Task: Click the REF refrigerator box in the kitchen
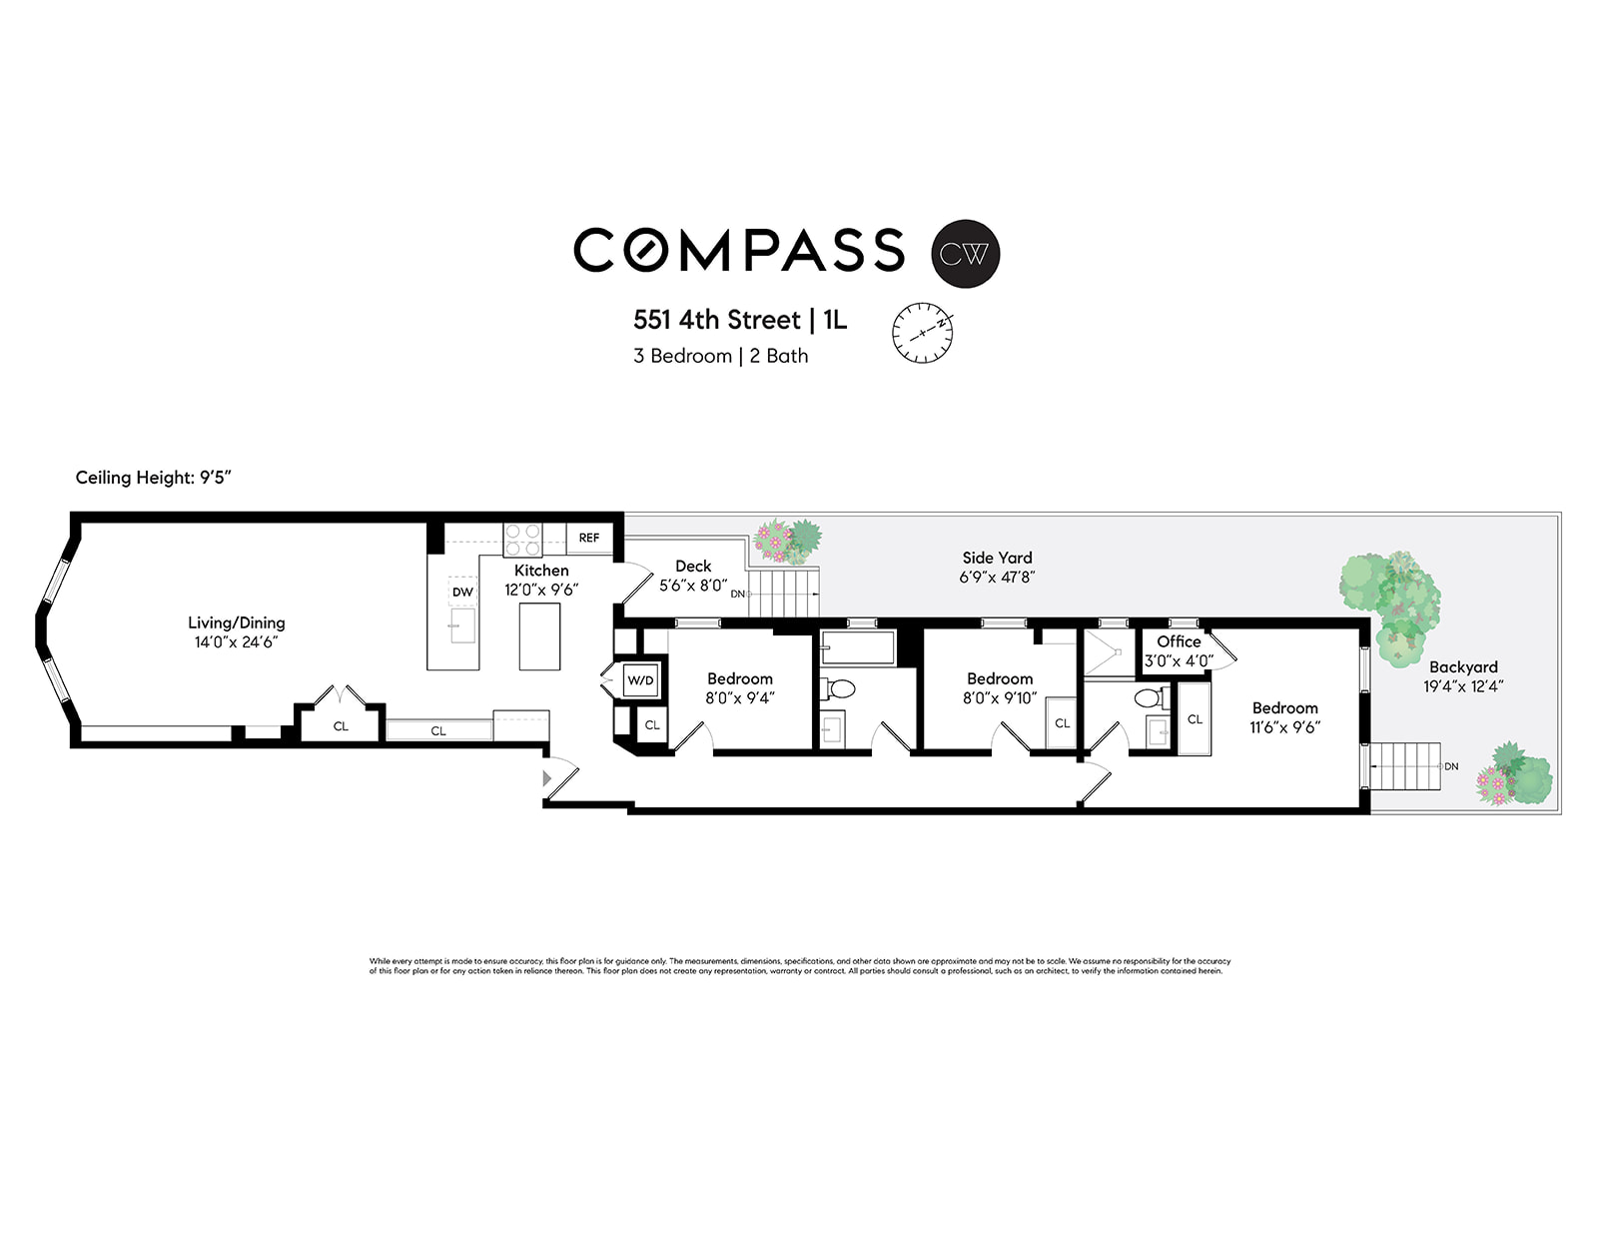[x=589, y=538]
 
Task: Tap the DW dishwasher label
[x=462, y=593]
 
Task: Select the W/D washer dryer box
[x=640, y=680]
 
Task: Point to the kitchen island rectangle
[x=539, y=636]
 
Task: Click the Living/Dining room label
[x=237, y=622]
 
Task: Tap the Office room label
[x=1179, y=641]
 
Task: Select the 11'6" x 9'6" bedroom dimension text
[x=1284, y=727]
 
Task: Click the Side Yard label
[x=997, y=558]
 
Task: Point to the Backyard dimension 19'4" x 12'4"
[x=1463, y=686]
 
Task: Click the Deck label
[x=693, y=566]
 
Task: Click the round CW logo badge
[x=965, y=254]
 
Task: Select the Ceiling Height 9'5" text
[x=154, y=478]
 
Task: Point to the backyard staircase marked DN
[x=1408, y=765]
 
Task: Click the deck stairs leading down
[x=783, y=594]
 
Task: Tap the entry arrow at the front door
[x=546, y=777]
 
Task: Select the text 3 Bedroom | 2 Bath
[x=720, y=356]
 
